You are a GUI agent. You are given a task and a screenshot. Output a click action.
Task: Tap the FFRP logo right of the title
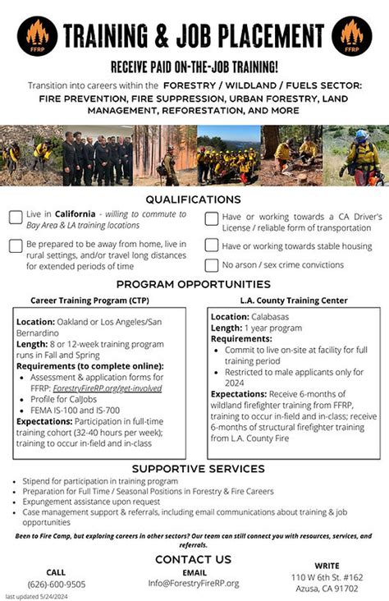click(352, 36)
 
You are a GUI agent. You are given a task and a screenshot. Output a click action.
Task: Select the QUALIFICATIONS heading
click(194, 200)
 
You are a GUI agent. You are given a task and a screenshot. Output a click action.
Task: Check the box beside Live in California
click(16, 218)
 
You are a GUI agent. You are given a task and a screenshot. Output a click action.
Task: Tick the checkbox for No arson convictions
click(211, 265)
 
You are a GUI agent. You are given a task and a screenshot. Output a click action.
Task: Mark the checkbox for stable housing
click(211, 245)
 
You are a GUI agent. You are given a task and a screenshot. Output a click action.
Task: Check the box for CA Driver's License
click(211, 218)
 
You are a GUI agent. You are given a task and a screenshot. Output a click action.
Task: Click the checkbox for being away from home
click(16, 245)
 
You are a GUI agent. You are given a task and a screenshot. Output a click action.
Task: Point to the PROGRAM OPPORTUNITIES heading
click(194, 284)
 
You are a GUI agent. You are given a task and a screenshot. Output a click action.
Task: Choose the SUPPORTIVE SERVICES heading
click(194, 469)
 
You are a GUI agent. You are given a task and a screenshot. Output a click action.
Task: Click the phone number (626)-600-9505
click(56, 584)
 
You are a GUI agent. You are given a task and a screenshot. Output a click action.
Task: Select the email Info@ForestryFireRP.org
click(194, 583)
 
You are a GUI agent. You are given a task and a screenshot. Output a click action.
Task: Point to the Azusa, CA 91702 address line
click(327, 589)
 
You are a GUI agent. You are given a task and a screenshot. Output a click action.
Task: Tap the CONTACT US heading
click(194, 559)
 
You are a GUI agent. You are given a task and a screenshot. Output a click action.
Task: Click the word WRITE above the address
click(327, 566)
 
